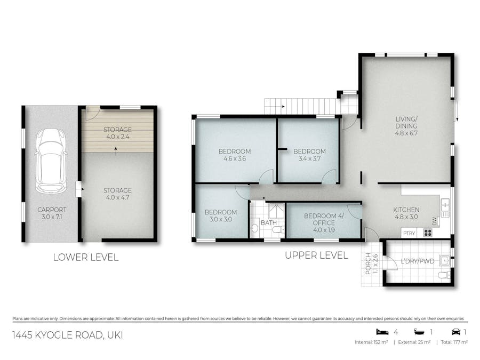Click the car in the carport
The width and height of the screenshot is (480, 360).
pyautogui.click(x=51, y=161)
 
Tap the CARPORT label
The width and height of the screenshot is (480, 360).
pyautogui.click(x=52, y=213)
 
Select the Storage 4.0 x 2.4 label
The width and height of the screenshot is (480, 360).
pyautogui.click(x=117, y=133)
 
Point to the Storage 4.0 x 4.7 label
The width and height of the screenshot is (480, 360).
pyautogui.click(x=117, y=194)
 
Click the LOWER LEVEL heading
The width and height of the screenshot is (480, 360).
pyautogui.click(x=86, y=257)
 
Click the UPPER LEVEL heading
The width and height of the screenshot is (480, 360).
pyautogui.click(x=316, y=255)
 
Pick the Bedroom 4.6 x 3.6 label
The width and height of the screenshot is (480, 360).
pyautogui.click(x=235, y=155)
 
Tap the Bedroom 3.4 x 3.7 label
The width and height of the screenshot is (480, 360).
pyautogui.click(x=309, y=155)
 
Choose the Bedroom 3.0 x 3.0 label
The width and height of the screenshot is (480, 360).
pyautogui.click(x=221, y=215)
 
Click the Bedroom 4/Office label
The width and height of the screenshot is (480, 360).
pyautogui.click(x=324, y=223)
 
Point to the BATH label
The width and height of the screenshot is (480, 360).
pyautogui.click(x=269, y=223)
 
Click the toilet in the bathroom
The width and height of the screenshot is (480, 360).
pyautogui.click(x=278, y=230)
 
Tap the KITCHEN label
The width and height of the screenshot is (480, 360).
pyautogui.click(x=406, y=213)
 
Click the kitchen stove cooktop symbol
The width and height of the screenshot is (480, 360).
pyautogui.click(x=428, y=233)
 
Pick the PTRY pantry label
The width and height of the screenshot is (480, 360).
pyautogui.click(x=409, y=233)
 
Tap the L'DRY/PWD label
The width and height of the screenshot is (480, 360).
pyautogui.click(x=418, y=261)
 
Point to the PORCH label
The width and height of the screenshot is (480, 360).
pyautogui.click(x=372, y=263)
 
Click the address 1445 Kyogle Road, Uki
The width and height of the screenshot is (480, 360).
pyautogui.click(x=68, y=335)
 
